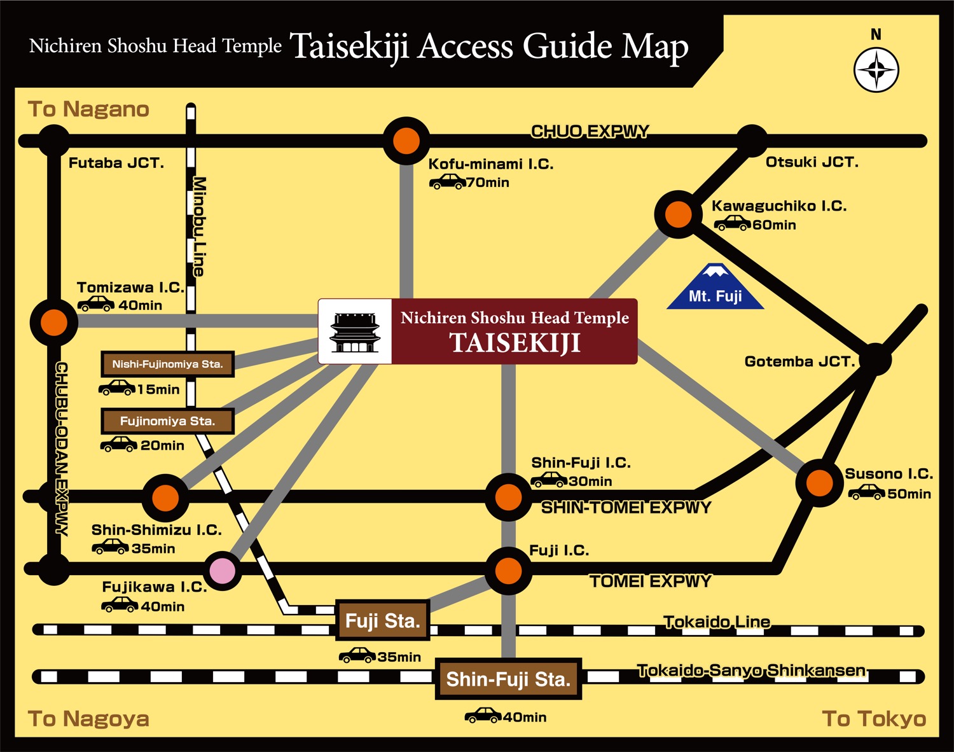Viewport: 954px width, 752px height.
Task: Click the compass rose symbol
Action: tap(876, 70)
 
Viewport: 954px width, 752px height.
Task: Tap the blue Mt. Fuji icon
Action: tap(715, 288)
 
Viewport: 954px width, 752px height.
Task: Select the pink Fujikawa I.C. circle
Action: tap(222, 570)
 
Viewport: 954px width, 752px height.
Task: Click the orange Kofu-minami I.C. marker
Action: tap(406, 141)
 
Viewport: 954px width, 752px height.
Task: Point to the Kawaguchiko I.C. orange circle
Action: tap(678, 214)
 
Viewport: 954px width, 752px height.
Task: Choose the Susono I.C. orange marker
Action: tap(819, 484)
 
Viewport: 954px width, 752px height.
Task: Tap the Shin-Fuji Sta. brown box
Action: tap(508, 679)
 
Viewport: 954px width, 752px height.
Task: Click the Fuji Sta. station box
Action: tap(383, 620)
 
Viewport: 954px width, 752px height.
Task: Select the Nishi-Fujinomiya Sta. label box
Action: tap(168, 364)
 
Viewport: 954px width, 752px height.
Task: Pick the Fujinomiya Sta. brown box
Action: tap(168, 421)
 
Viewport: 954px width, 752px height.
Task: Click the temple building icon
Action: tap(355, 331)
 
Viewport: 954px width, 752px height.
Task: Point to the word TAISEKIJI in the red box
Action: tap(515, 343)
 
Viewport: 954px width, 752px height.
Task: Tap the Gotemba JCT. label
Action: tap(800, 361)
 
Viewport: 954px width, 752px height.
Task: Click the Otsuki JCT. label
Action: tap(812, 162)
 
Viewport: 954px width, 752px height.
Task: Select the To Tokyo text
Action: tap(874, 718)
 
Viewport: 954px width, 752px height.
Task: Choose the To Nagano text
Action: tap(88, 109)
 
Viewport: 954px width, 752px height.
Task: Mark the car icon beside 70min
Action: tap(447, 183)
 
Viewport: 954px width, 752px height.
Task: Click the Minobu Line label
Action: tap(199, 226)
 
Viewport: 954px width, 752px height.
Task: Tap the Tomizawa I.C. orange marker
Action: tap(54, 323)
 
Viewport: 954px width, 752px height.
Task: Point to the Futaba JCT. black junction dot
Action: tap(53, 141)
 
